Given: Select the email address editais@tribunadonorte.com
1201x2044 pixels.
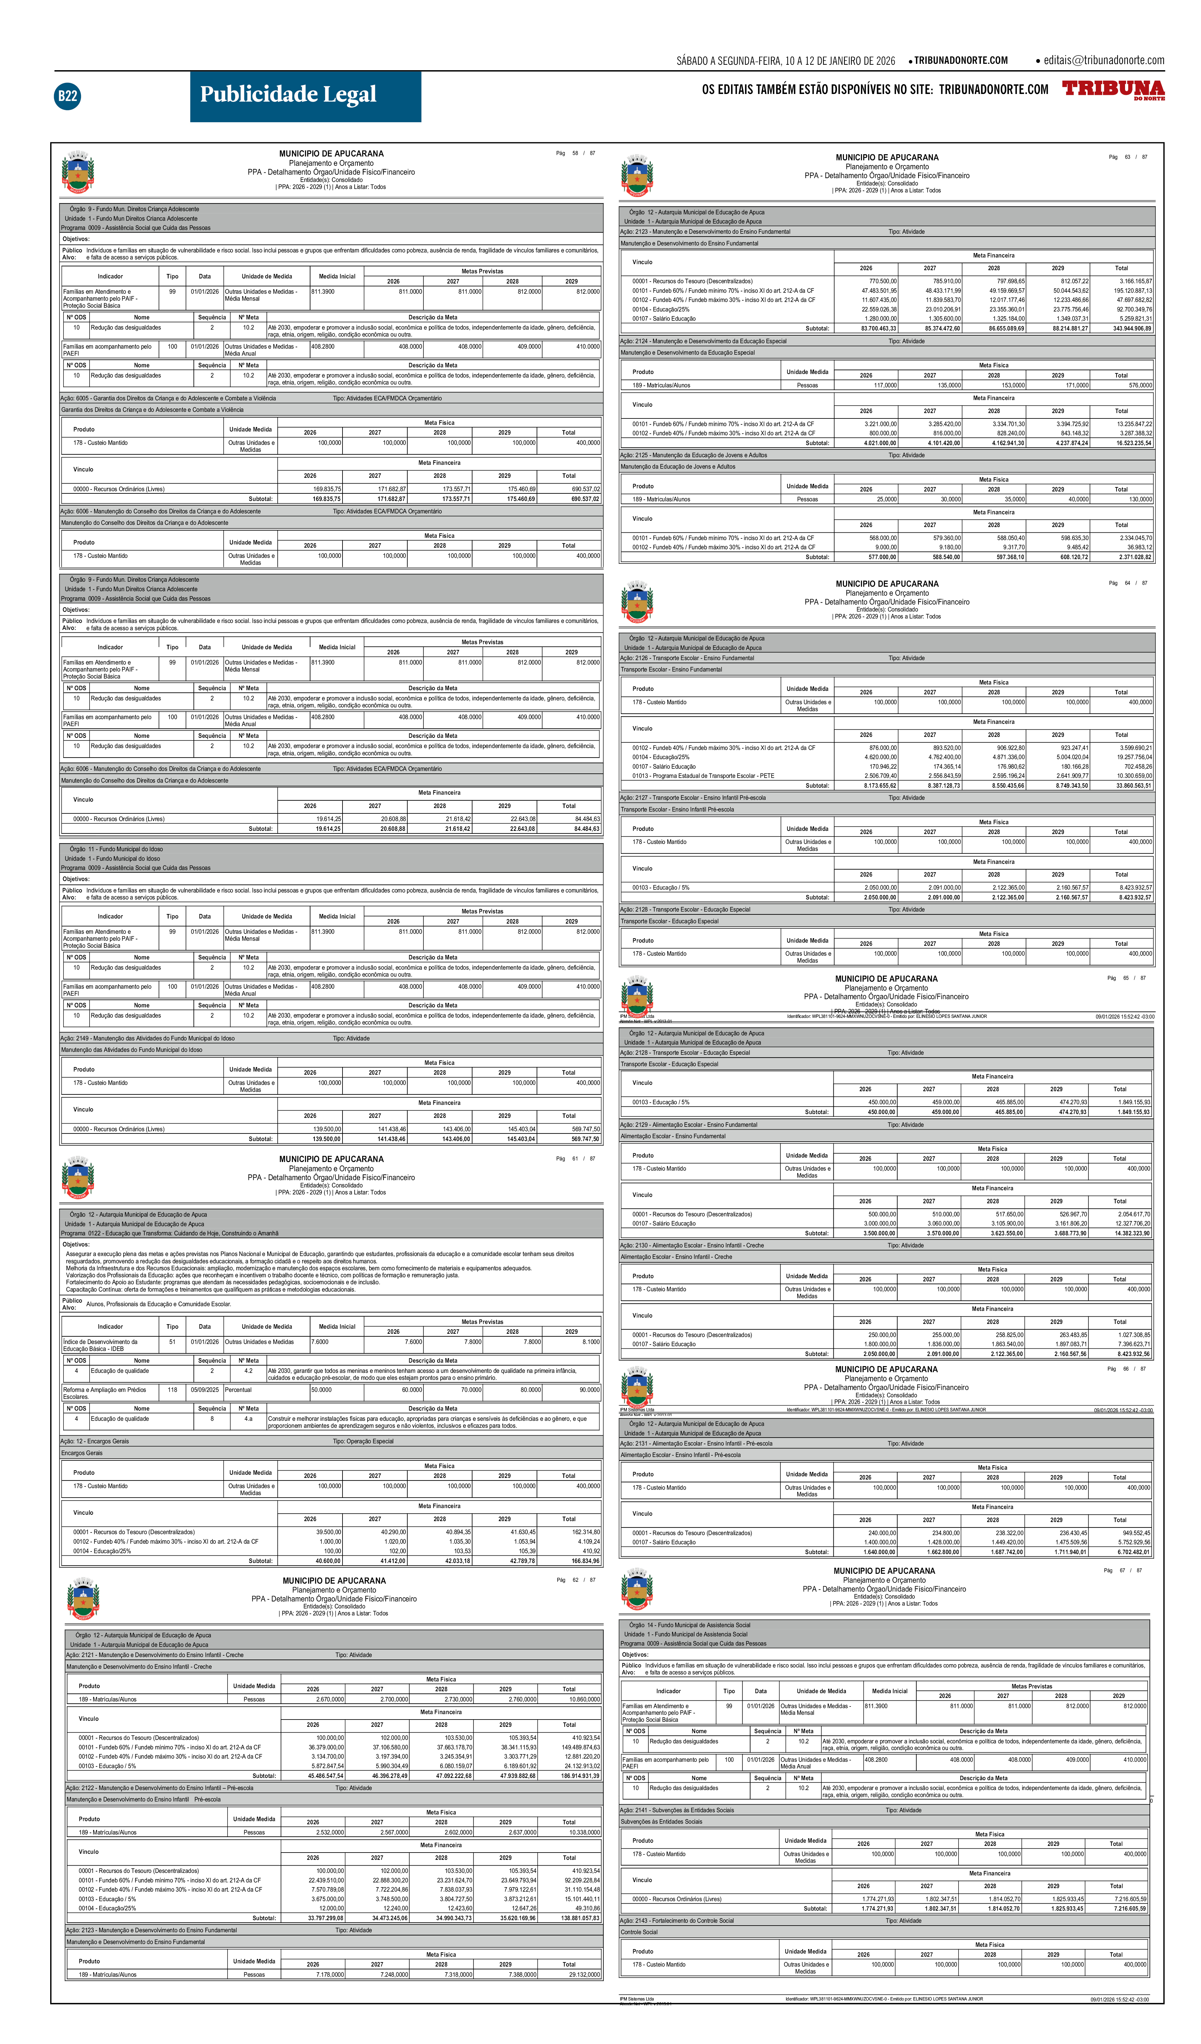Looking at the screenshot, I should pyautogui.click(x=1104, y=60).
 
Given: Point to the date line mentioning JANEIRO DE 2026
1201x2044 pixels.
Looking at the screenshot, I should pyautogui.click(x=785, y=61).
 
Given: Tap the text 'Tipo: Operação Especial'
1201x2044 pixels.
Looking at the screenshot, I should pyautogui.click(x=363, y=1441).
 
